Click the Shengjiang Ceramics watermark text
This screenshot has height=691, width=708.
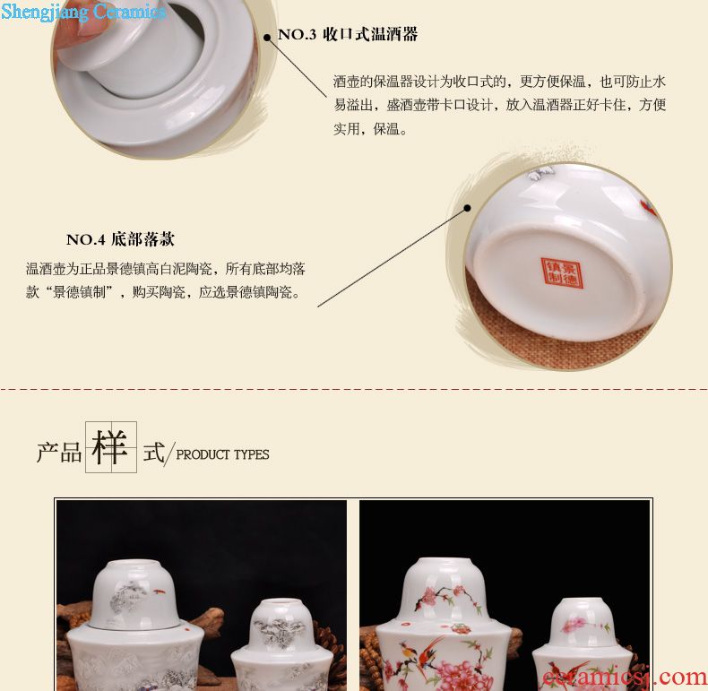pyautogui.click(x=83, y=11)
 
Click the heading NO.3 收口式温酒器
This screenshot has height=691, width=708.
pyautogui.click(x=348, y=34)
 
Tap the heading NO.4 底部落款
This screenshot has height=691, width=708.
pyautogui.click(x=120, y=239)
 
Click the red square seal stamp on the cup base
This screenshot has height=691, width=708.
pyautogui.click(x=561, y=272)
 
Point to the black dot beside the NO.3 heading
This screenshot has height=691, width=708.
pyautogui.click(x=267, y=38)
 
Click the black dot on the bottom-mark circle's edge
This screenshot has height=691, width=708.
pyautogui.click(x=467, y=208)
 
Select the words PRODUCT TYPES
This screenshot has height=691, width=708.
pyautogui.click(x=222, y=454)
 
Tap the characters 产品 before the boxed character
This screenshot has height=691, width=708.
pyautogui.click(x=59, y=452)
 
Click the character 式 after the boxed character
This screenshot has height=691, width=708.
pyautogui.click(x=154, y=452)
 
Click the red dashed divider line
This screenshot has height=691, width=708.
pyautogui.click(x=354, y=388)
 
